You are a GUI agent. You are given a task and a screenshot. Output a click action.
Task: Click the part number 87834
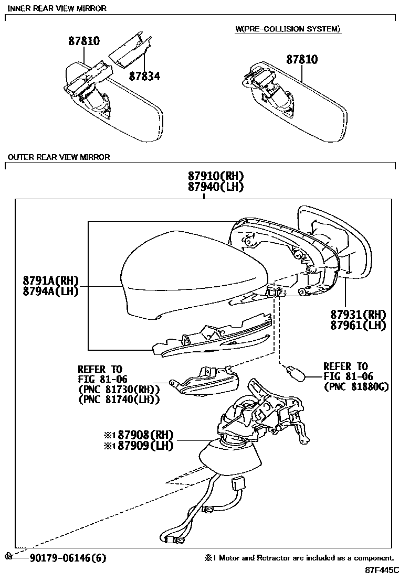click(x=145, y=77)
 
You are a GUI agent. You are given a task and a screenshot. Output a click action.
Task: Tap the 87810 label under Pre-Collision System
click(x=302, y=60)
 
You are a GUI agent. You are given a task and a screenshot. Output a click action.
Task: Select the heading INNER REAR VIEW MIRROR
click(x=57, y=8)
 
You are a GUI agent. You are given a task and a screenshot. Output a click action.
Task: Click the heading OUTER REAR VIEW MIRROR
click(x=59, y=157)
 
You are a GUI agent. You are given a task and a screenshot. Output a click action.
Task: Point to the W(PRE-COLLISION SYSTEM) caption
click(x=288, y=29)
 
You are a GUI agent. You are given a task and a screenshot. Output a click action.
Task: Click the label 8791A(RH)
click(x=50, y=280)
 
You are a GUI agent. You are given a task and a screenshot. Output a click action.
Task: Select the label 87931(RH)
click(x=358, y=315)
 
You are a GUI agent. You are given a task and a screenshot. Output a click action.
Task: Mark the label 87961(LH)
click(x=358, y=325)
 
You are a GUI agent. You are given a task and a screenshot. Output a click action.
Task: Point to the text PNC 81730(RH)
click(x=118, y=390)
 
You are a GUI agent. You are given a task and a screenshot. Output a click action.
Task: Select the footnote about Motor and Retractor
click(x=299, y=558)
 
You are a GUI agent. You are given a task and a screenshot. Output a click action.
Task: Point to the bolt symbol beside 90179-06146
click(x=8, y=556)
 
